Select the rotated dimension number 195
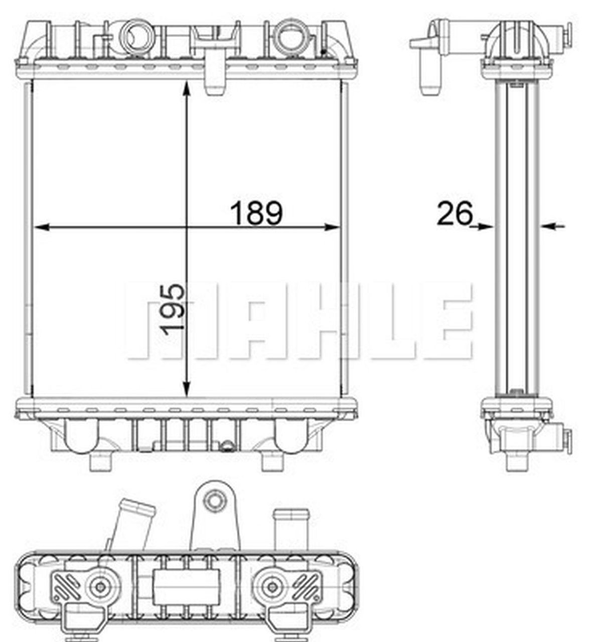(173, 308)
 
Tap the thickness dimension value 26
(455, 213)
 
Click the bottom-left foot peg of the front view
(101, 461)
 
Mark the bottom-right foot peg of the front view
(273, 461)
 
